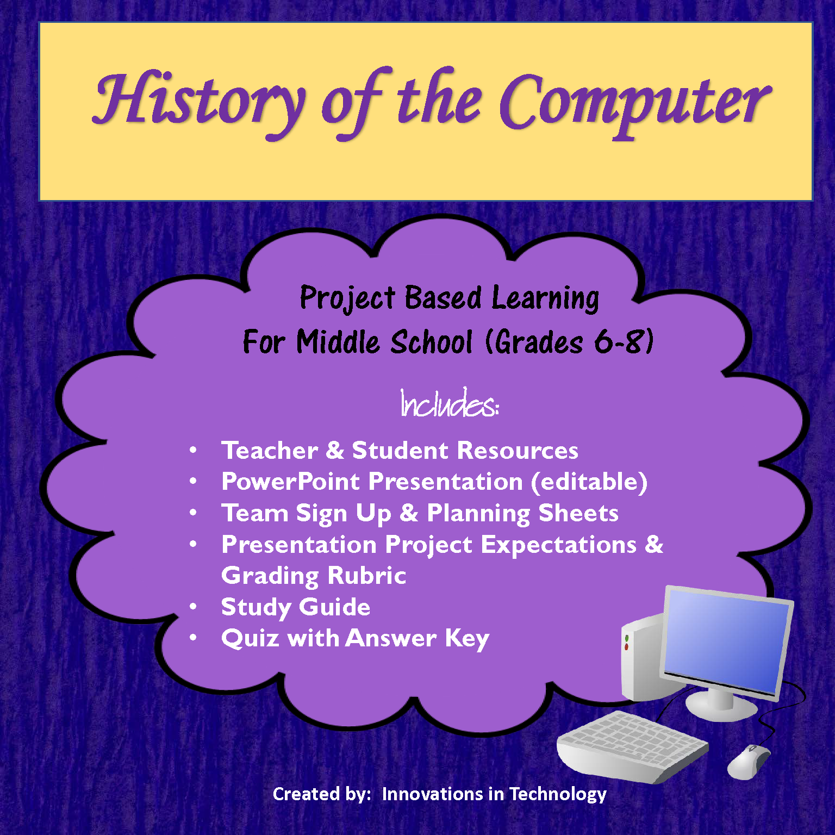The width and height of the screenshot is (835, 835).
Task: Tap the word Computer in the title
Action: pyautogui.click(x=633, y=103)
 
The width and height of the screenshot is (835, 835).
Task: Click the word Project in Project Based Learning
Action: pyautogui.click(x=347, y=298)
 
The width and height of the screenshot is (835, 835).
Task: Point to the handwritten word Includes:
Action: pyautogui.click(x=449, y=404)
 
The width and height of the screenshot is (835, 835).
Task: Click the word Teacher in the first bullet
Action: pyautogui.click(x=270, y=451)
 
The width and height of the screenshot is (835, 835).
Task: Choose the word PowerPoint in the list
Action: pyautogui.click(x=290, y=482)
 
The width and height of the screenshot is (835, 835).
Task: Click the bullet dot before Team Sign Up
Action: pyautogui.click(x=193, y=513)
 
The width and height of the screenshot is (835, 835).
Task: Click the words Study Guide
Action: pyautogui.click(x=296, y=607)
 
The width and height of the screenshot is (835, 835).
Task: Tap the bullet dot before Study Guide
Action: pyautogui.click(x=193, y=607)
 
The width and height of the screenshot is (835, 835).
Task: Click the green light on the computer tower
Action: pyautogui.click(x=627, y=638)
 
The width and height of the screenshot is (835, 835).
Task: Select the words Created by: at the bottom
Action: pyautogui.click(x=321, y=794)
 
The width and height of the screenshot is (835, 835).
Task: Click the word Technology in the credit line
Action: pyautogui.click(x=558, y=794)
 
